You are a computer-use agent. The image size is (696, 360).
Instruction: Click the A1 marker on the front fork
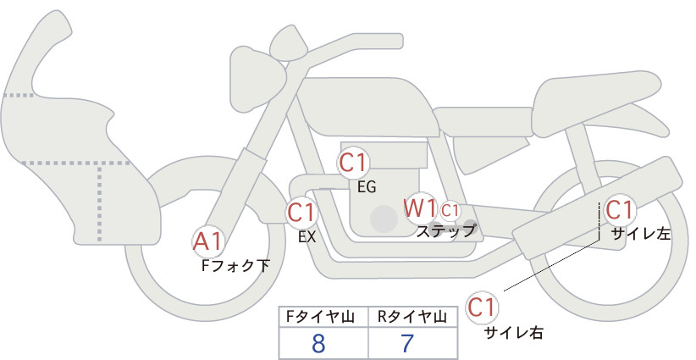(207, 242)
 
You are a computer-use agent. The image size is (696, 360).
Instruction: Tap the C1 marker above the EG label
(353, 163)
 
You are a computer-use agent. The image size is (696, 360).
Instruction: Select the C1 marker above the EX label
(301, 213)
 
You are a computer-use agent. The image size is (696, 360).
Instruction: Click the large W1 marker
(420, 208)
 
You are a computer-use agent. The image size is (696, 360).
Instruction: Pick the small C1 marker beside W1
(450, 210)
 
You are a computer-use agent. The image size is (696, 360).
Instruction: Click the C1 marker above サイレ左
(619, 210)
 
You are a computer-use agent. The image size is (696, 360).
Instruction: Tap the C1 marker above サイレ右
(482, 307)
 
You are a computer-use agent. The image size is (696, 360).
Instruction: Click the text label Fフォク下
(235, 266)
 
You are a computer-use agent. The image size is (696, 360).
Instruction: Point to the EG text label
(367, 187)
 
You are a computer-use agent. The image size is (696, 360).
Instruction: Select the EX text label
(307, 237)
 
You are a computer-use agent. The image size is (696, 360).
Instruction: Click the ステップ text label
(445, 231)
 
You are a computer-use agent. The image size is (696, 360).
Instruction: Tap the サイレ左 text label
(641, 234)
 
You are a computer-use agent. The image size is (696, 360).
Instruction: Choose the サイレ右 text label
(514, 332)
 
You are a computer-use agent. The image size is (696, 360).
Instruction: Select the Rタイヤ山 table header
(413, 317)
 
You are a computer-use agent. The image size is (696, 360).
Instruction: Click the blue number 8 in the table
(318, 344)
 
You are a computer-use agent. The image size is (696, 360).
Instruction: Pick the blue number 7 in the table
(407, 344)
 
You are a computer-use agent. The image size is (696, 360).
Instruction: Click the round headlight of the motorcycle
(257, 80)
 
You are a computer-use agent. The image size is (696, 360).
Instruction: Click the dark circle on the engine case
(384, 219)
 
